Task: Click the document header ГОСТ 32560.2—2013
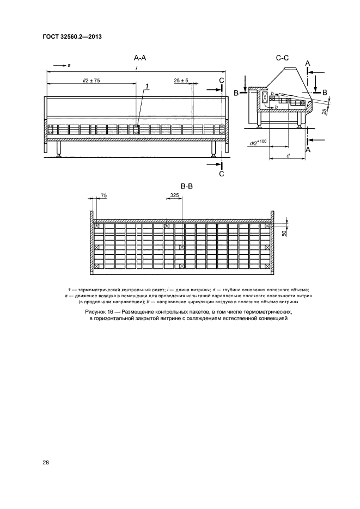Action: point(72,37)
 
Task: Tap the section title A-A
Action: point(141,57)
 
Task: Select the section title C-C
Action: point(282,57)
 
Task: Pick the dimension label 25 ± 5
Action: point(181,81)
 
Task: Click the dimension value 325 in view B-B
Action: point(174,195)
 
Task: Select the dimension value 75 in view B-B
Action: point(104,195)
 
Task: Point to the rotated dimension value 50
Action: point(284,233)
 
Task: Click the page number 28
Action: point(46,462)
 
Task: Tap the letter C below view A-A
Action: point(221,174)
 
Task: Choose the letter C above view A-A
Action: point(221,81)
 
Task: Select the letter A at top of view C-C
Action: point(308,64)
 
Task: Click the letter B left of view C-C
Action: point(236,93)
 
